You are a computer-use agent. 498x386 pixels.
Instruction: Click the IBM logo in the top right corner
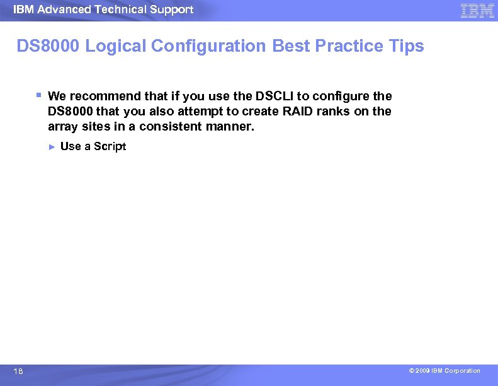click(x=477, y=11)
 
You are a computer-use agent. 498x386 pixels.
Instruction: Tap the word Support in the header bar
click(x=173, y=9)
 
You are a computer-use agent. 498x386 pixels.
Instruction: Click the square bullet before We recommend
click(x=39, y=95)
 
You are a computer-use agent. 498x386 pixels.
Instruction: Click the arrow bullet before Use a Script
click(x=52, y=146)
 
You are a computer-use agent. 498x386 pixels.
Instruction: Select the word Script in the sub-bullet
click(x=110, y=146)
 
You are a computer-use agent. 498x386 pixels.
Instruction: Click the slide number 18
click(x=18, y=372)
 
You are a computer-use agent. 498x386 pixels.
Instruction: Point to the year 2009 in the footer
click(x=422, y=371)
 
